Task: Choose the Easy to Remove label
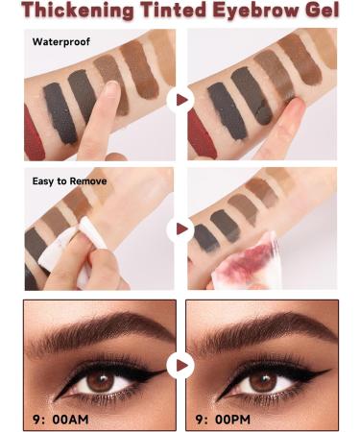[x=68, y=180]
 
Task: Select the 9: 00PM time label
[x=233, y=417]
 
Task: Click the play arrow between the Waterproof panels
[x=180, y=99]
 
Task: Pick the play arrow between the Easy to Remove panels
[x=180, y=229]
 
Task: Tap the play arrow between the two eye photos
[x=180, y=365]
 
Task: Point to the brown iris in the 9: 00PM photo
[x=259, y=380]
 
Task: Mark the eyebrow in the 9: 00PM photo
[x=264, y=332]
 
